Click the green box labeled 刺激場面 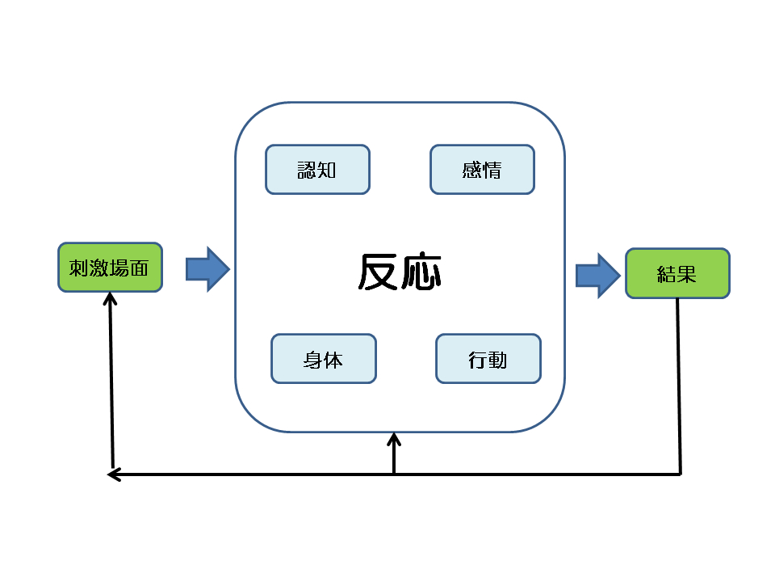pyautogui.click(x=110, y=268)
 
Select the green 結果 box pyautogui.click(x=677, y=274)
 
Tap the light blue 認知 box pyautogui.click(x=317, y=170)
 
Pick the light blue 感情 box pyautogui.click(x=482, y=170)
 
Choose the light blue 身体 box pyautogui.click(x=324, y=359)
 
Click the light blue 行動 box pyautogui.click(x=488, y=359)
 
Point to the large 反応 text pyautogui.click(x=400, y=273)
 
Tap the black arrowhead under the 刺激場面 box pyautogui.click(x=111, y=298)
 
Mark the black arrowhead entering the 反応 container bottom pyautogui.click(x=394, y=441)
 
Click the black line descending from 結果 pyautogui.click(x=679, y=388)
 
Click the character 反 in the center pyautogui.click(x=379, y=273)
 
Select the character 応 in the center pyautogui.click(x=421, y=273)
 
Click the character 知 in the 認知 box pyautogui.click(x=327, y=171)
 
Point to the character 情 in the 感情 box pyautogui.click(x=492, y=171)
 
